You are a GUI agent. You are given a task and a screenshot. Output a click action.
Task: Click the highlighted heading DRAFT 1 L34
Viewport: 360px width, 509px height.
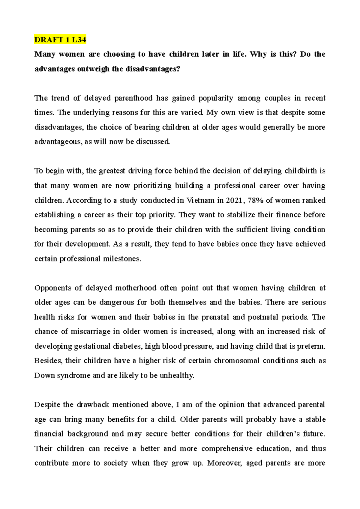click(60, 40)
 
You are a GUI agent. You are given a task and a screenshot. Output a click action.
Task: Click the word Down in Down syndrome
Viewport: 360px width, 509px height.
click(44, 375)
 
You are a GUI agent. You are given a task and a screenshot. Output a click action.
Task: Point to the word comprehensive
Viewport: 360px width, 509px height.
click(227, 449)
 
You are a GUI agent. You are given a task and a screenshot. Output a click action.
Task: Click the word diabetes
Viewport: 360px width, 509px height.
click(127, 346)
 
